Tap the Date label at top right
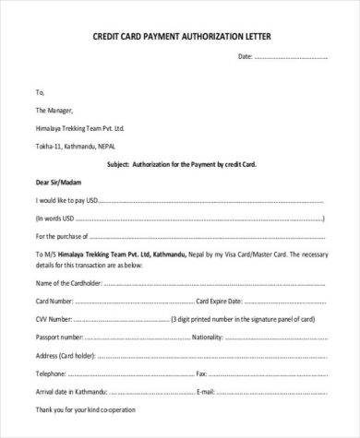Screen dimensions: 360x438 pos(246,56)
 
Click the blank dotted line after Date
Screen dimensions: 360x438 pos(292,57)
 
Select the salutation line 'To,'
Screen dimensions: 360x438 pos(39,92)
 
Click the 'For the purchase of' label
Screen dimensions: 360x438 pos(65,236)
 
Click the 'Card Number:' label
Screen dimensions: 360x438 pos(54,300)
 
